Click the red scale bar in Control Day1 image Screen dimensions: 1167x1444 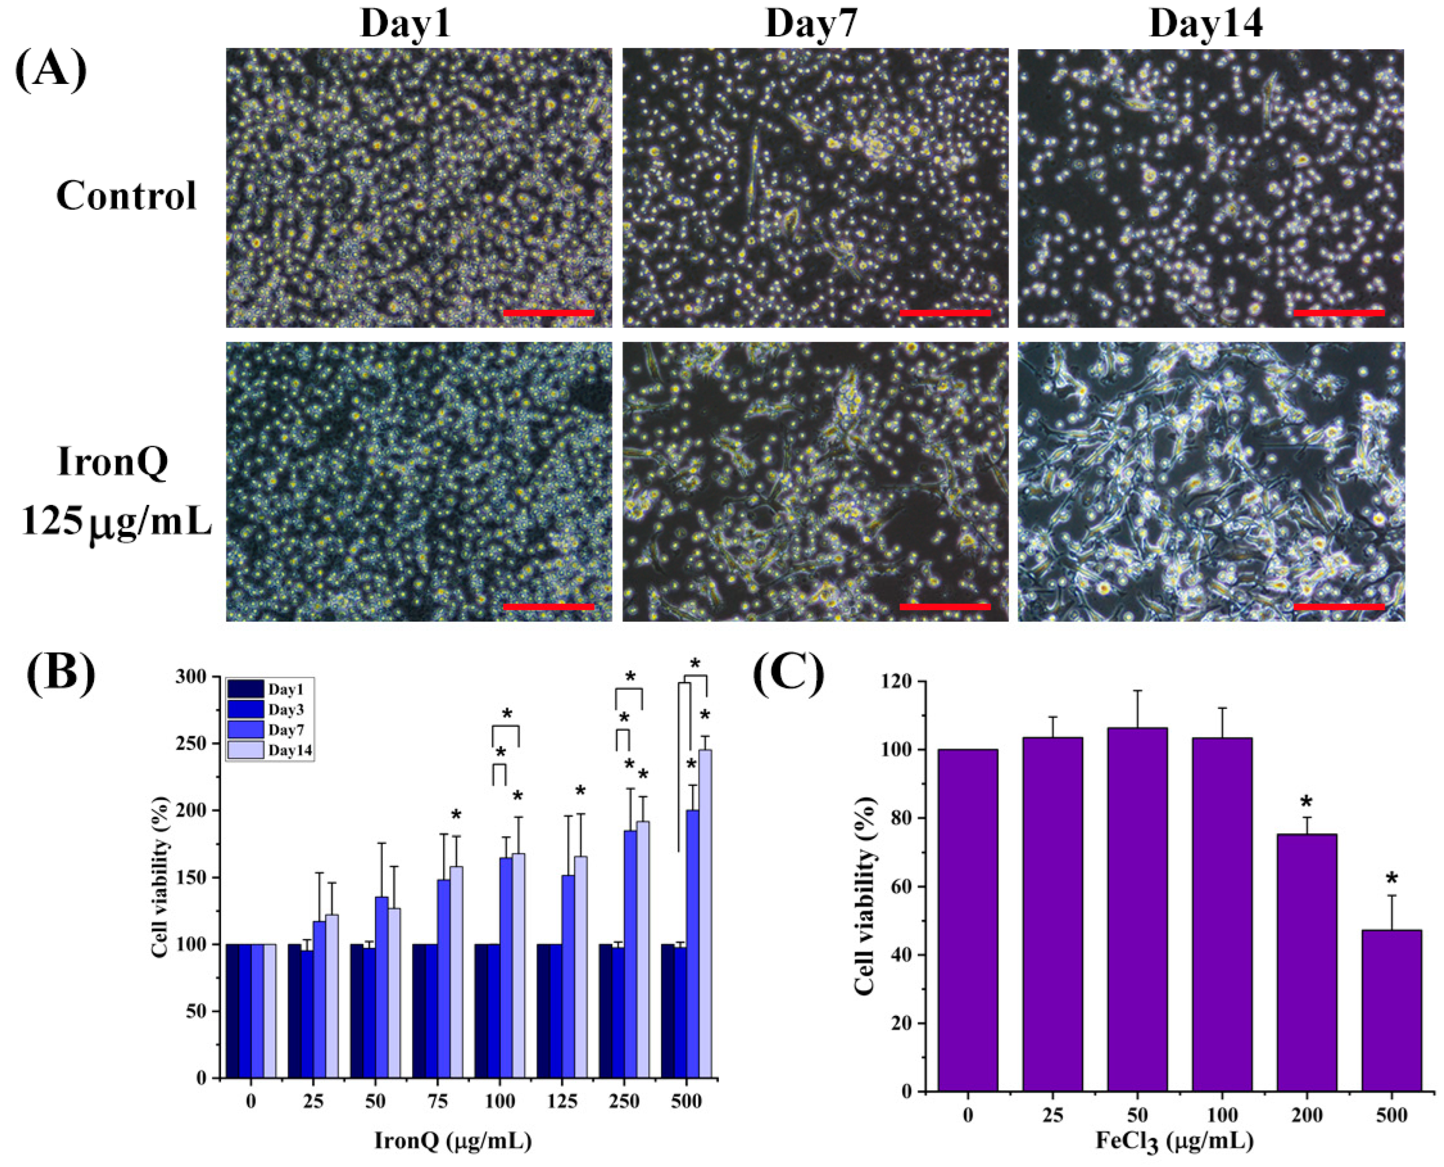pyautogui.click(x=548, y=313)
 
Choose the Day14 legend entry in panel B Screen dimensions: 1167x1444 pyautogui.click(x=271, y=750)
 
